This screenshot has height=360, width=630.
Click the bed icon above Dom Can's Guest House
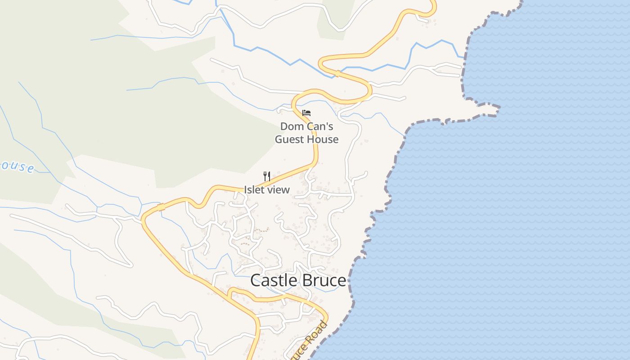306,112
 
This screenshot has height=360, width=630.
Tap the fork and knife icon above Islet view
267,176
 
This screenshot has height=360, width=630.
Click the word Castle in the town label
272,280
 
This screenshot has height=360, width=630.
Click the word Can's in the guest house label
320,126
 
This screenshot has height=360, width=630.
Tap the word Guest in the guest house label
289,139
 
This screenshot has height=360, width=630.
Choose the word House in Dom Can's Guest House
322,139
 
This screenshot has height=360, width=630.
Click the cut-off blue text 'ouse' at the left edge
17,166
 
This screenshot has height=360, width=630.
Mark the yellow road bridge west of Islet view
161,207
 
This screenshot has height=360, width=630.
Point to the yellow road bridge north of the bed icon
337,73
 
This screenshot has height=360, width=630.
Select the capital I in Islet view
246,190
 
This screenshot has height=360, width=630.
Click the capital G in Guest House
279,139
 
